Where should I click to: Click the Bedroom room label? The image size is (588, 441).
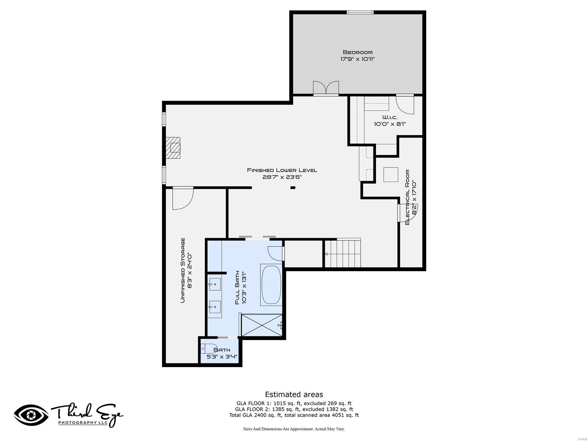point(357,52)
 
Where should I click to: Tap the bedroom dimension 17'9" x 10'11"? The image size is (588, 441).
point(357,59)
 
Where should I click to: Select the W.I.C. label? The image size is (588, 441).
point(390,117)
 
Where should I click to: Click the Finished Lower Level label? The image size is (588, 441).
point(282,170)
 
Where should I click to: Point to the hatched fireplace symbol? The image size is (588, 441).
point(173,148)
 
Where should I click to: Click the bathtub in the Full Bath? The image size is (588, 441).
point(271,284)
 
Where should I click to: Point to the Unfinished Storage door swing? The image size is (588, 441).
point(183,198)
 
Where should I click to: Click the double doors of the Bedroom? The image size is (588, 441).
point(326,88)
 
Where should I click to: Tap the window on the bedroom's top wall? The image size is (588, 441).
point(360,12)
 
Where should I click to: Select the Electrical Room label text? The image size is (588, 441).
point(407,197)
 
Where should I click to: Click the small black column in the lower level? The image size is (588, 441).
point(293,188)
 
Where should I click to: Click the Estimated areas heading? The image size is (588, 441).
point(294,394)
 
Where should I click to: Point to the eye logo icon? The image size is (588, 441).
point(31,415)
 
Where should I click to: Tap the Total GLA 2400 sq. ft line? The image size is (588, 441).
point(294,415)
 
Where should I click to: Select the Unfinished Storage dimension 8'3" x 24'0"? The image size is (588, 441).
point(190,270)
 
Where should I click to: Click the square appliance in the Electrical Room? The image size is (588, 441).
point(391,175)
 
